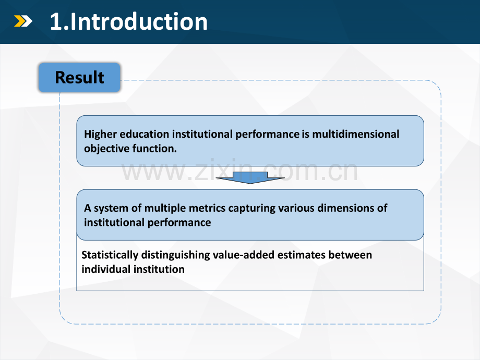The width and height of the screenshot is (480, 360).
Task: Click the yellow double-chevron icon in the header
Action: (23, 21)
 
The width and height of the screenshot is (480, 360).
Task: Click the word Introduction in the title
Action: (139, 22)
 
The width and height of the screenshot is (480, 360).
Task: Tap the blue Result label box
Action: (79, 77)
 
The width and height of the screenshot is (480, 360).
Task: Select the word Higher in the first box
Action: (100, 135)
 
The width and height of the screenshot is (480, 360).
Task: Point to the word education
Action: (144, 134)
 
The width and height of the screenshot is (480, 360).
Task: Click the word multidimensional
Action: (355, 134)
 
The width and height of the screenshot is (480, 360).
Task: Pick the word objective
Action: (107, 149)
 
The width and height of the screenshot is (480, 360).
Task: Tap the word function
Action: (154, 149)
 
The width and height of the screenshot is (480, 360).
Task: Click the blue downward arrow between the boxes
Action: (250, 177)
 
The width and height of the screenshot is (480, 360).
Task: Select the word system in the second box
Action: (111, 208)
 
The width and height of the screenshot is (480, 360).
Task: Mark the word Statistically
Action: (110, 255)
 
